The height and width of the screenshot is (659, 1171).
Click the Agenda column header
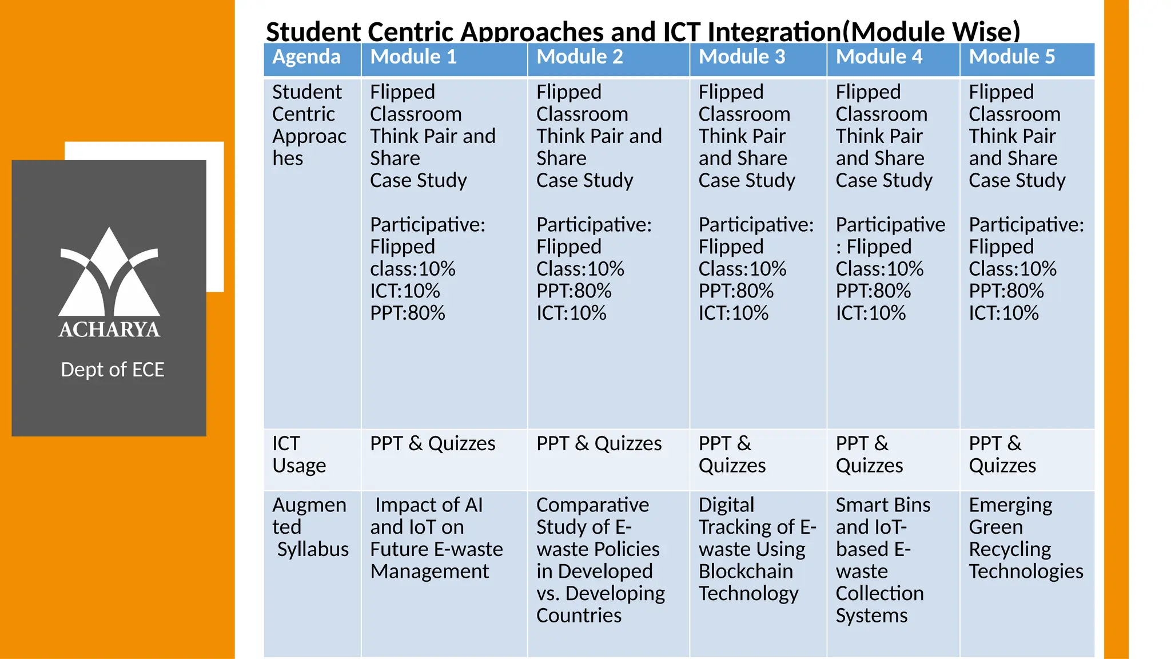click(306, 57)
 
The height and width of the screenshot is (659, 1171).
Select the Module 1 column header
click(413, 57)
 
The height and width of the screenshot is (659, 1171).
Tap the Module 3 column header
click(742, 57)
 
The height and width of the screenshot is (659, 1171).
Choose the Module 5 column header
click(1011, 57)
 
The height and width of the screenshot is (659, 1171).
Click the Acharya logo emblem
click(109, 272)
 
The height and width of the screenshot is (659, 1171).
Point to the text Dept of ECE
click(113, 370)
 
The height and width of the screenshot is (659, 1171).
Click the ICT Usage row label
click(299, 455)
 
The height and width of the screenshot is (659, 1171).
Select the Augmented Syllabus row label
click(310, 527)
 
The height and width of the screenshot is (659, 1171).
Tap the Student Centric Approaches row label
click(309, 125)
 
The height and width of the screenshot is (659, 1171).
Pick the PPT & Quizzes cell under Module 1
click(432, 444)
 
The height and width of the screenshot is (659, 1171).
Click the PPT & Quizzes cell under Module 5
click(1002, 455)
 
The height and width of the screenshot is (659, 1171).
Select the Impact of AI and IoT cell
click(436, 538)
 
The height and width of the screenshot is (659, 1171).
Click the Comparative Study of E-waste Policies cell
click(600, 560)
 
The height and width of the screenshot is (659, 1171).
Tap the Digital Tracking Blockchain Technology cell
click(756, 549)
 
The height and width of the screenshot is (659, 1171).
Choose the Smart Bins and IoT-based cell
click(882, 560)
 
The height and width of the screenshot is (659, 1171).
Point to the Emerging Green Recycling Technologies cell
click(1025, 538)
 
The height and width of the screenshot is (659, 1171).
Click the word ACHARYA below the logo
click(109, 330)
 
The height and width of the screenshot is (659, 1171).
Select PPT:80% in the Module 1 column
click(407, 313)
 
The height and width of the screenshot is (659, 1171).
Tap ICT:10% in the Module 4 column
click(870, 313)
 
